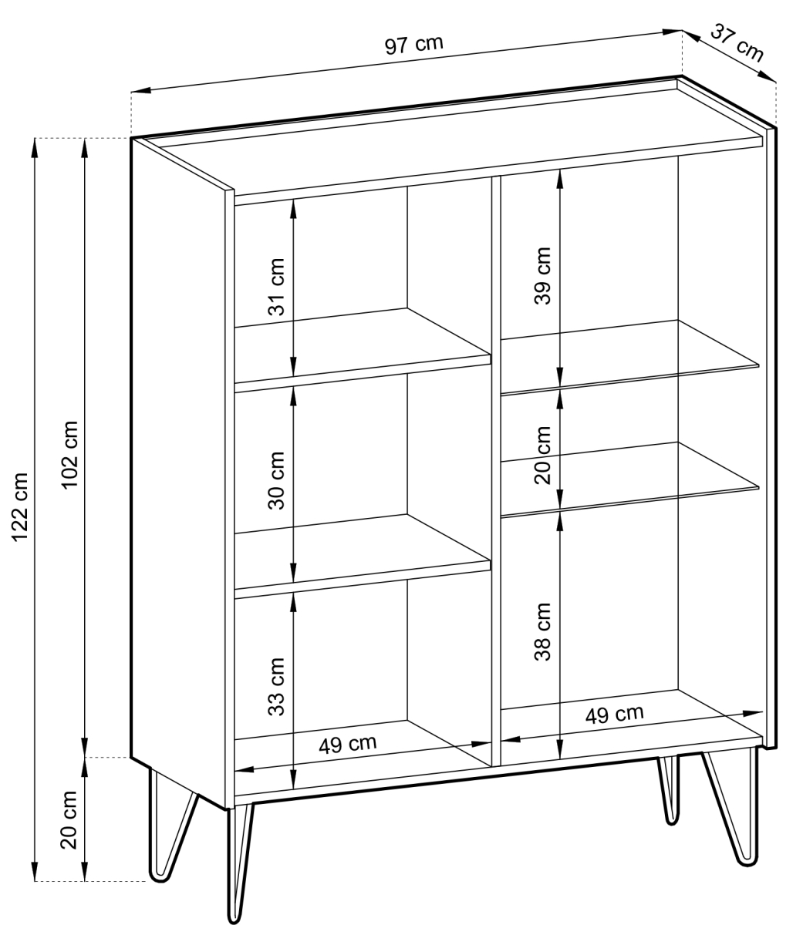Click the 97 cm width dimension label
pos(413,45)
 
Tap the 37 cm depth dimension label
pos(737,42)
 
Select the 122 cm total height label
pos(20,506)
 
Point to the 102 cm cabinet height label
pos(70,454)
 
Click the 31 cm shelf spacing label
pos(276,287)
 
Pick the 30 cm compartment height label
pos(276,480)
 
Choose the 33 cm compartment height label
pos(276,686)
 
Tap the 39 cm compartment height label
pos(542,276)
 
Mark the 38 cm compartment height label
pos(542,631)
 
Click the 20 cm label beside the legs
pos(69,820)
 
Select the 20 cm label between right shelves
pos(542,456)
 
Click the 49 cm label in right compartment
pos(614,715)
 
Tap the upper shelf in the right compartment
pos(629,357)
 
